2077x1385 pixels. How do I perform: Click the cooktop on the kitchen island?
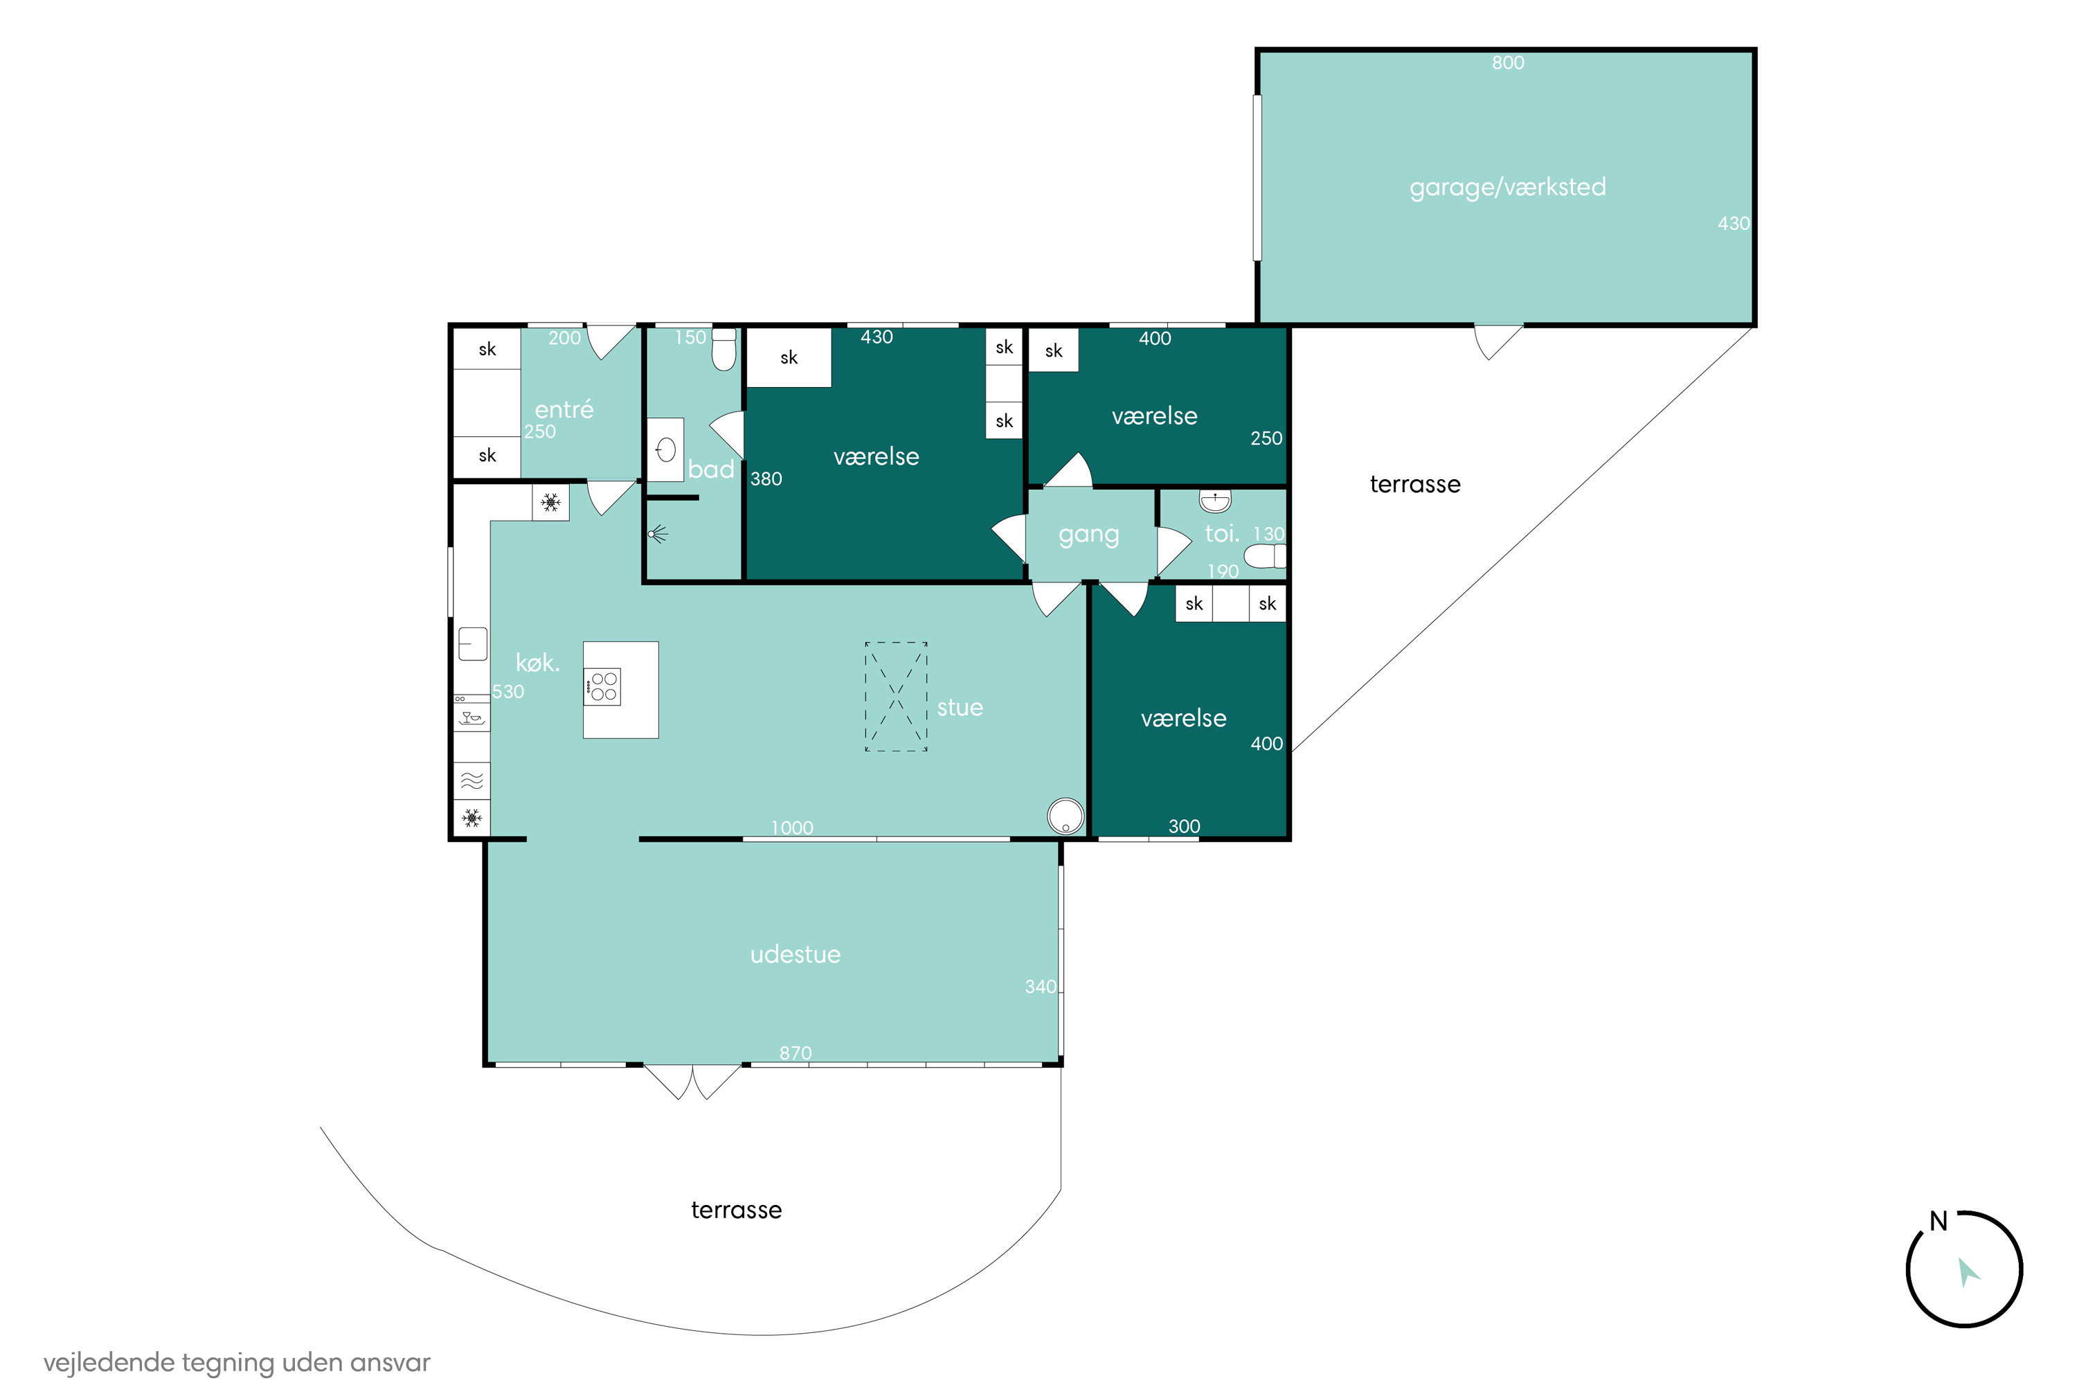point(602,686)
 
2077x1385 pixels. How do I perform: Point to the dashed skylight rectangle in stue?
point(895,696)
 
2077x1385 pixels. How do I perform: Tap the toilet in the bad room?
point(723,349)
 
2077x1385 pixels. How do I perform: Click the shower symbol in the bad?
point(658,533)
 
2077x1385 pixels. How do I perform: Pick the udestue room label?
point(795,954)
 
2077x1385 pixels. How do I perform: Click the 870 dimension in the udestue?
point(795,1052)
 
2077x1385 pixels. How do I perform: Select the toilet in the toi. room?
point(1265,555)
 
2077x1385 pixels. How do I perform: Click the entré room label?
point(564,409)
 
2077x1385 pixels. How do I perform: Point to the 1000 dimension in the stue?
point(791,828)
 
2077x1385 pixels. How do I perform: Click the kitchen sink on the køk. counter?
point(472,644)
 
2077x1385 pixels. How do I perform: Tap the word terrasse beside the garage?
point(1414,484)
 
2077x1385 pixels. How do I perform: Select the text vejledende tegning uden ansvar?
point(237,1362)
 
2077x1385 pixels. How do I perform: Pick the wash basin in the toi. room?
point(1214,501)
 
